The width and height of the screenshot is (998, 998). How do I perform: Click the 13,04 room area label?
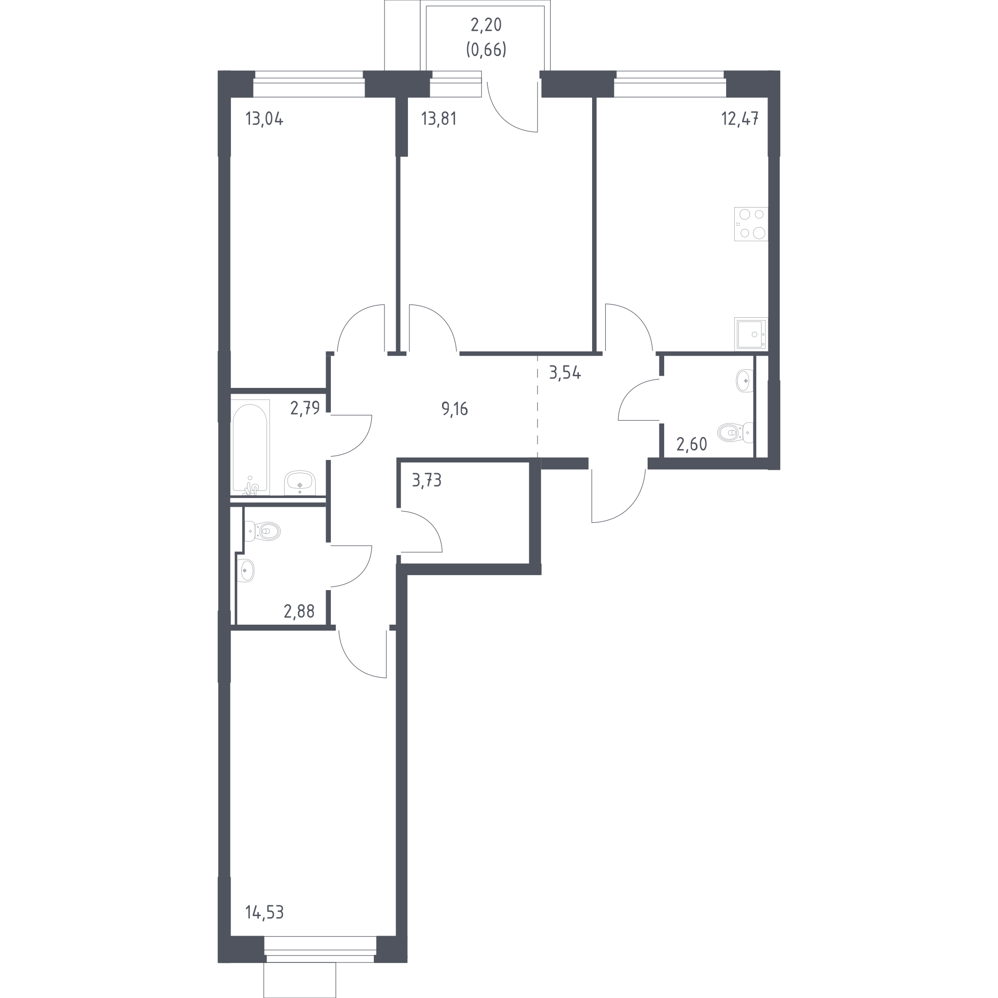[x=265, y=119]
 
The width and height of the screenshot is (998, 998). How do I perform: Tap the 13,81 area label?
[x=439, y=119]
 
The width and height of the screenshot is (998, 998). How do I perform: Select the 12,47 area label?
[x=740, y=119]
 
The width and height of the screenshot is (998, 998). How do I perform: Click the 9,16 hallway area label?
[x=455, y=409]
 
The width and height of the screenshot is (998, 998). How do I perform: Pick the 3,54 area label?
[x=565, y=372]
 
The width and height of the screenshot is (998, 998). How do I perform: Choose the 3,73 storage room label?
[x=427, y=480]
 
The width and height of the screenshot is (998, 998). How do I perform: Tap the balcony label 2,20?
[x=486, y=25]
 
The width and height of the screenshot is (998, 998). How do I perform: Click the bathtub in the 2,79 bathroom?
[x=250, y=447]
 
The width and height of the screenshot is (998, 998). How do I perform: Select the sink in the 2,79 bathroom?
[x=300, y=482]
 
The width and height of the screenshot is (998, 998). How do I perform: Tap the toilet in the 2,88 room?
[x=263, y=531]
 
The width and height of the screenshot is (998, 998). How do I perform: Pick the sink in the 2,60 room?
[x=745, y=381]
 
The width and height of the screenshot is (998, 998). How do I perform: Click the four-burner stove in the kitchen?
[x=751, y=224]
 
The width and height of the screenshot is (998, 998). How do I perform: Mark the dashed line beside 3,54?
[x=538, y=406]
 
